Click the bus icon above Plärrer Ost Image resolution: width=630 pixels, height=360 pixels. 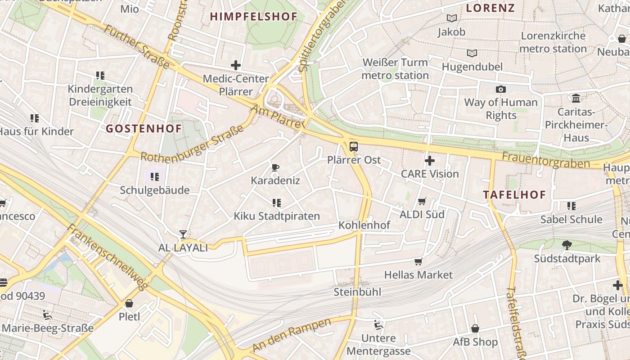pos(354,146)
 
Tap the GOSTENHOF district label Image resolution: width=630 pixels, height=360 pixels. pos(144,129)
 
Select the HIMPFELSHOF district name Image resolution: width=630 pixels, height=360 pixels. pos(254,17)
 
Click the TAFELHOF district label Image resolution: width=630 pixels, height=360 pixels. pos(514,195)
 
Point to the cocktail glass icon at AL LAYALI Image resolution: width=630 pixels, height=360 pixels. pos(183,234)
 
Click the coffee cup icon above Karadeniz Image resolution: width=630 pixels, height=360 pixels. pos(275,167)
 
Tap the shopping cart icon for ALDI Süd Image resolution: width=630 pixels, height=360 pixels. pos(422,201)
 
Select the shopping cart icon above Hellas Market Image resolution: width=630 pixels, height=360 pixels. pos(418,261)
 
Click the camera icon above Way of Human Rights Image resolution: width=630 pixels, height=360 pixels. pos(500,89)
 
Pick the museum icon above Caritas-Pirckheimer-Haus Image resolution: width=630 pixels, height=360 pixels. pos(576,98)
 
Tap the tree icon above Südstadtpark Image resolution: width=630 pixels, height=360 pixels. pos(567,245)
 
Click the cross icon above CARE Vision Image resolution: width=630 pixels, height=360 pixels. pos(429,160)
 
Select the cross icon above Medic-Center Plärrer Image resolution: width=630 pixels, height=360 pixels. pos(235,65)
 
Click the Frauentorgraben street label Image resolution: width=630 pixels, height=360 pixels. pos(545,159)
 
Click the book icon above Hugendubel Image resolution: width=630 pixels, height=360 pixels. pos(472,54)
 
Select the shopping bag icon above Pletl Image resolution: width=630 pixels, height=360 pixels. pos(129,303)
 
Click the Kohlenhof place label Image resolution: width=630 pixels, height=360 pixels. pos(364,225)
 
